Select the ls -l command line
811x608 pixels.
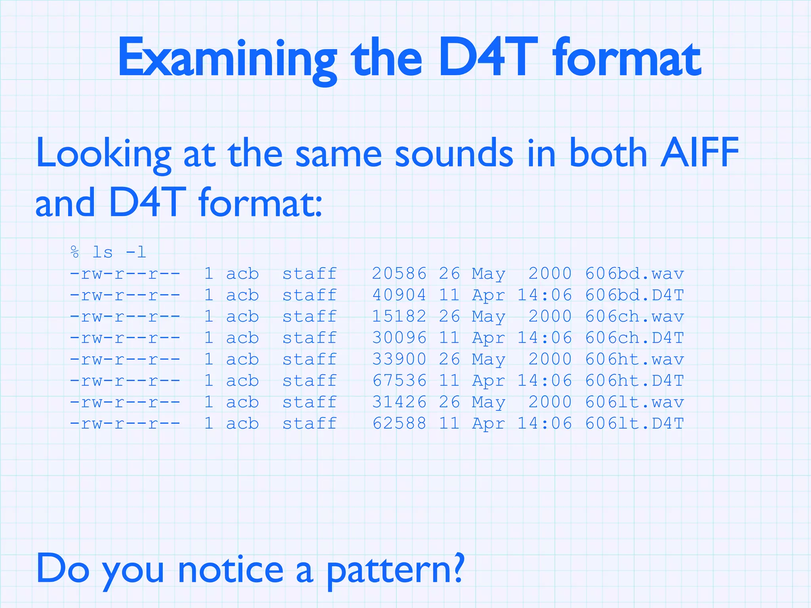[108, 252]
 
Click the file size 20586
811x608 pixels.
[399, 274]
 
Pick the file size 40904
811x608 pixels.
[399, 295]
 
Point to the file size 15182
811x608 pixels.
[399, 316]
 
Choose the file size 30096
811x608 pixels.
[399, 338]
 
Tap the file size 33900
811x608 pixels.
[399, 359]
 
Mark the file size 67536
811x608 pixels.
[399, 380]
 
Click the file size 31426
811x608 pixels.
[399, 402]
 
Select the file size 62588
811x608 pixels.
[399, 423]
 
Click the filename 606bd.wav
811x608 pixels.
[634, 274]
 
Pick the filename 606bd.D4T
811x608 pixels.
[634, 295]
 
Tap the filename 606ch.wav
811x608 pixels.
[634, 316]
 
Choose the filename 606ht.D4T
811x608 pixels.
[634, 380]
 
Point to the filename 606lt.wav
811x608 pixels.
[634, 402]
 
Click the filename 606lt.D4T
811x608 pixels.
[634, 423]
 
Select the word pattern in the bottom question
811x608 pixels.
[394, 570]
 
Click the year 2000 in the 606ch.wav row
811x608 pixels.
[550, 316]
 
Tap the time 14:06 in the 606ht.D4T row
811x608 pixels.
[545, 380]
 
